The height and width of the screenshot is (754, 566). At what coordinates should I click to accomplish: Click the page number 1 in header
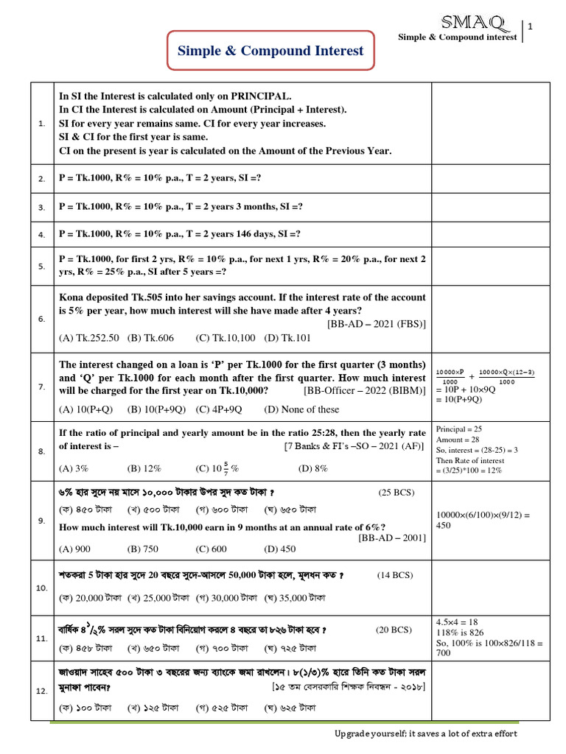click(x=530, y=28)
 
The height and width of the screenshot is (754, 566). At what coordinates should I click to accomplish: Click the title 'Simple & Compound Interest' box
click(x=270, y=51)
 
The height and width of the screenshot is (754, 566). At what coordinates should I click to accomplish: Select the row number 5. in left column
click(x=42, y=266)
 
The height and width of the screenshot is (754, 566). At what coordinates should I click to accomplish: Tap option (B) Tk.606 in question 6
click(x=150, y=338)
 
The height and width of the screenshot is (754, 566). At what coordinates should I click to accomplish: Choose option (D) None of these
click(x=301, y=409)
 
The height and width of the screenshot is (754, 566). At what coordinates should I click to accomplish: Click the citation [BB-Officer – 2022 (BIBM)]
click(x=364, y=390)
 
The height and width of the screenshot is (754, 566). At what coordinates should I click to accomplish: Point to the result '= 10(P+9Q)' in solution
click(x=461, y=400)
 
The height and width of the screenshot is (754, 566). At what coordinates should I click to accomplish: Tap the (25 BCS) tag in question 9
click(x=396, y=492)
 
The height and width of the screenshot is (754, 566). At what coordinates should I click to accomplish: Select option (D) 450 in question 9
click(x=279, y=549)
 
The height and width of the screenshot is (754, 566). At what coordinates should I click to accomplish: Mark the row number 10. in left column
click(x=42, y=588)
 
